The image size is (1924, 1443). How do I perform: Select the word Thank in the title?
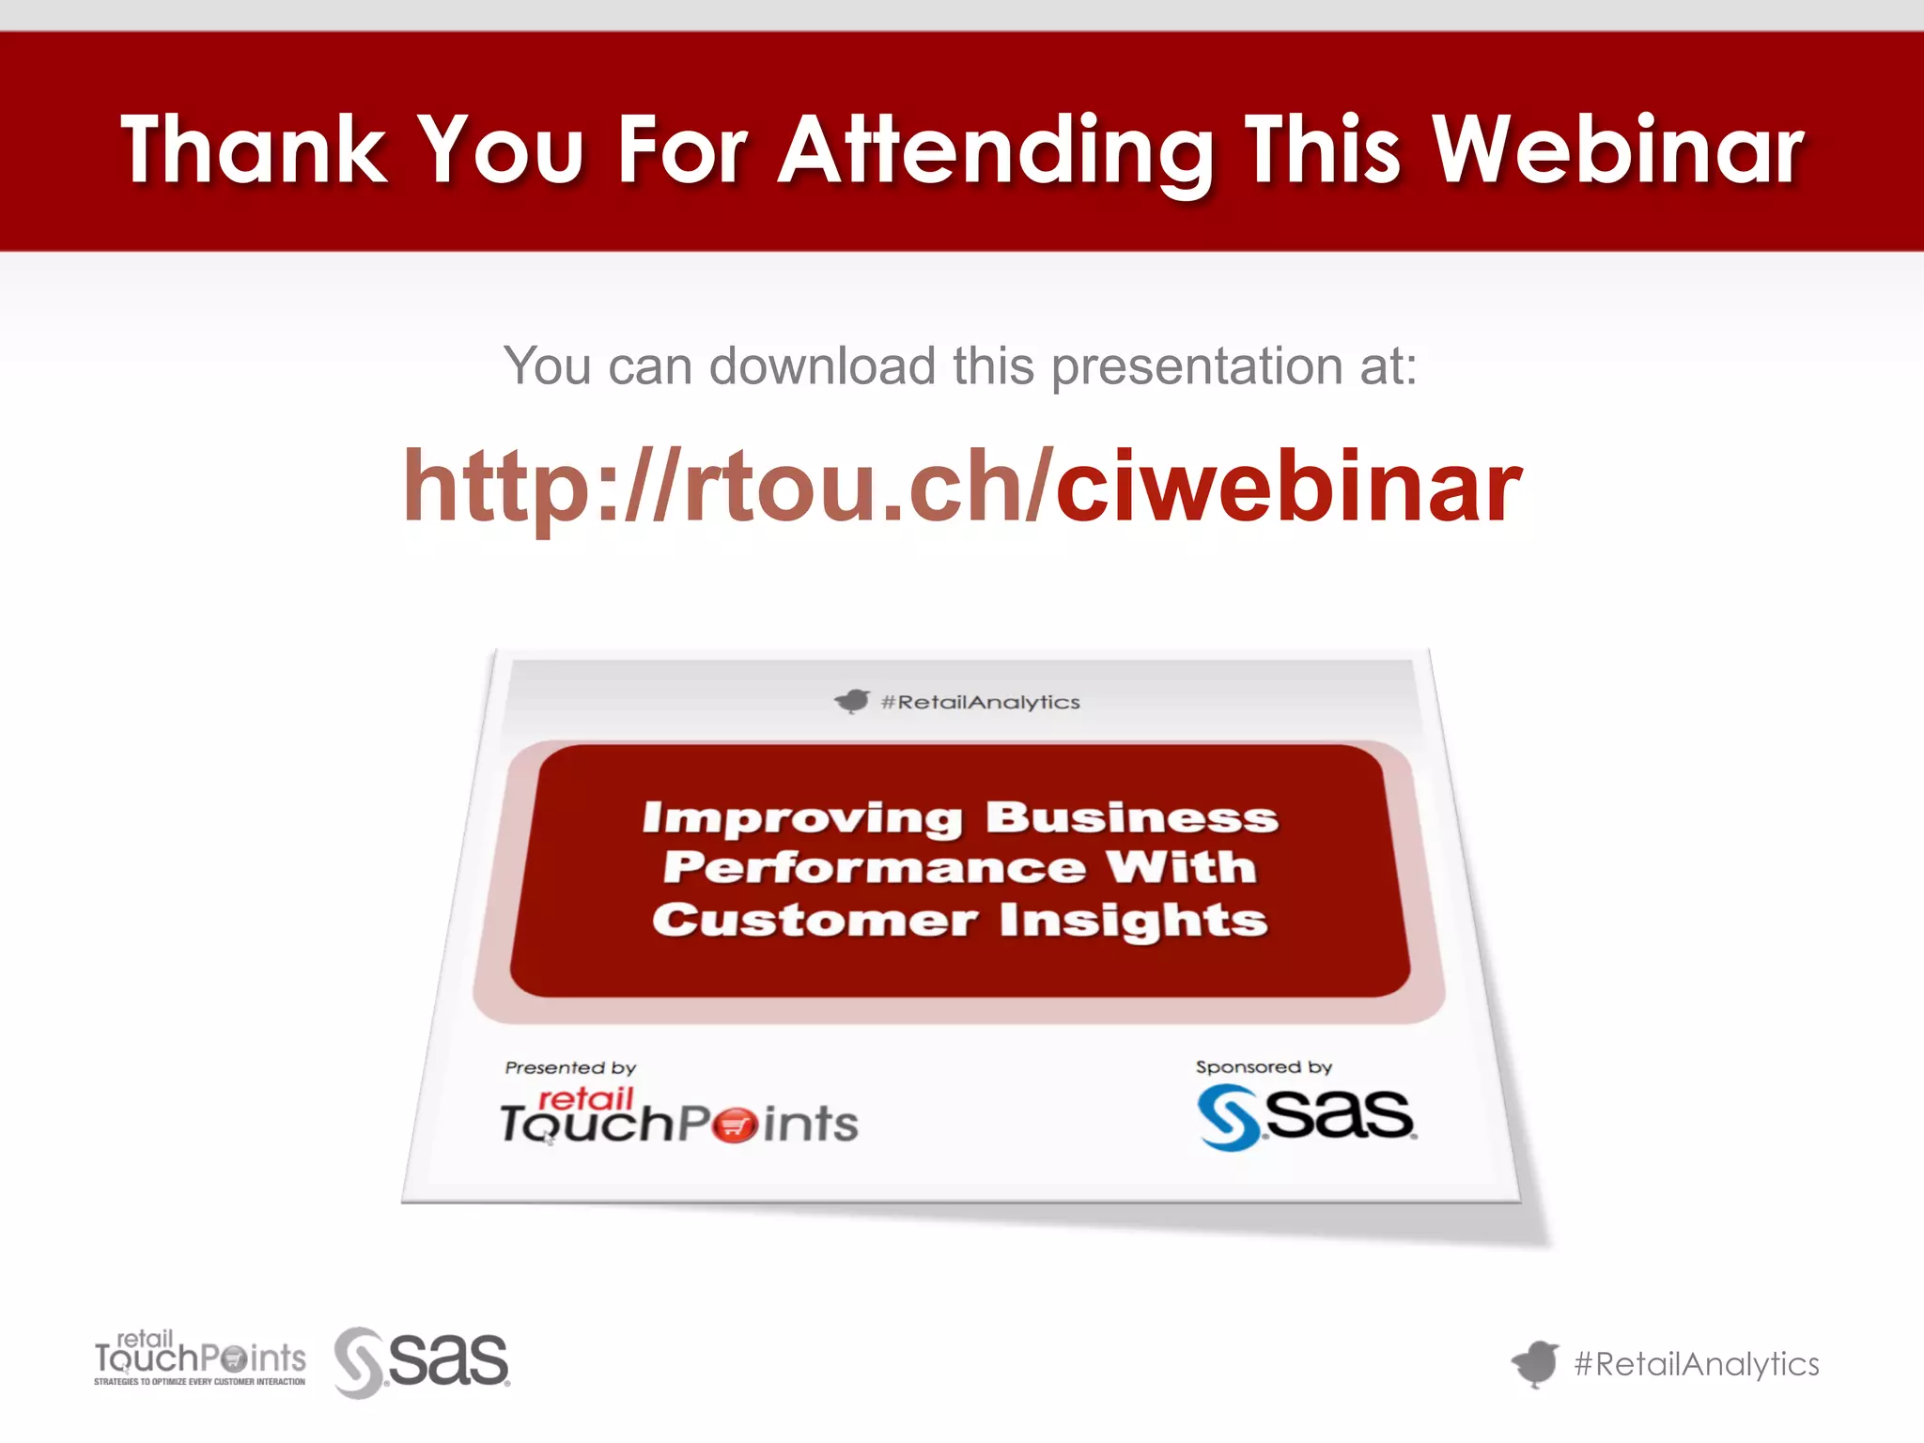(x=254, y=150)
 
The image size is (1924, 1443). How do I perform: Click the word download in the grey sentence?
(x=822, y=365)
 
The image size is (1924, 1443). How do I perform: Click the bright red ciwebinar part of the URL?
(x=1288, y=486)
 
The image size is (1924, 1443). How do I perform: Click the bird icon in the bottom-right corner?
(x=1535, y=1363)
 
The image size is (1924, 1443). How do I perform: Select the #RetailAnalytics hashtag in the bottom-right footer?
(x=1697, y=1364)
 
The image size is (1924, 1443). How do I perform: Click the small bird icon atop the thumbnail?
(x=852, y=701)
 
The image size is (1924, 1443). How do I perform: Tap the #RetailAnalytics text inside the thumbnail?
(x=980, y=703)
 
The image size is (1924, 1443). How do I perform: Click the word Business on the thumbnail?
(x=1131, y=817)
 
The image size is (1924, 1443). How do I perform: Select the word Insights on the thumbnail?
(x=1133, y=920)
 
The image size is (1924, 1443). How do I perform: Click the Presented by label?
(x=570, y=1068)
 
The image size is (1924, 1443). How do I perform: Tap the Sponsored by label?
(x=1264, y=1067)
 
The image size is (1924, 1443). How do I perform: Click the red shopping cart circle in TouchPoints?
(x=734, y=1125)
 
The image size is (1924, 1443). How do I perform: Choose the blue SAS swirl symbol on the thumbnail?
(x=1228, y=1117)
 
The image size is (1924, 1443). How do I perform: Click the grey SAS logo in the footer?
(x=422, y=1361)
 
